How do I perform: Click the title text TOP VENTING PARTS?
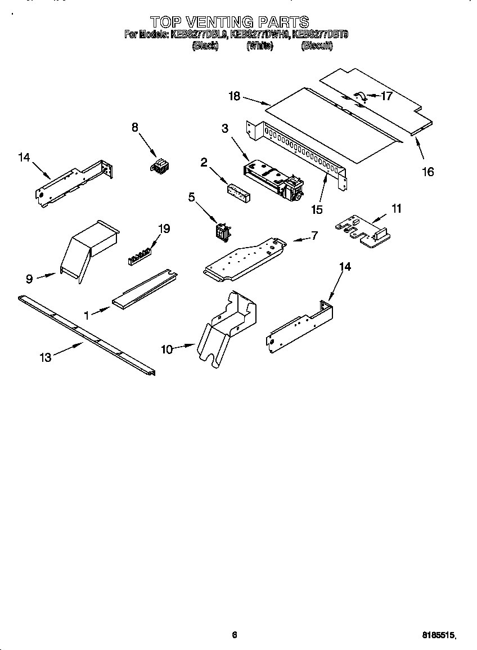pyautogui.click(x=229, y=22)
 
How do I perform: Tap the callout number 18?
pyautogui.click(x=234, y=96)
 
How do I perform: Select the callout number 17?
pyautogui.click(x=386, y=96)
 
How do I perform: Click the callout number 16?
pyautogui.click(x=428, y=172)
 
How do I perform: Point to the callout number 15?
pyautogui.click(x=317, y=209)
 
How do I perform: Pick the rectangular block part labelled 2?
pyautogui.click(x=239, y=191)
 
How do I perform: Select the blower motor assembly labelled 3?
pyautogui.click(x=274, y=179)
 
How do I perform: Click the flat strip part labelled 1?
pyautogui.click(x=143, y=288)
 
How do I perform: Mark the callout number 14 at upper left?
pyautogui.click(x=24, y=158)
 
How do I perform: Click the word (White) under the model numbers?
pyautogui.click(x=259, y=46)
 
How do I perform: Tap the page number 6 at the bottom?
pyautogui.click(x=235, y=635)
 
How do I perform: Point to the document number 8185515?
pyautogui.click(x=438, y=635)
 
